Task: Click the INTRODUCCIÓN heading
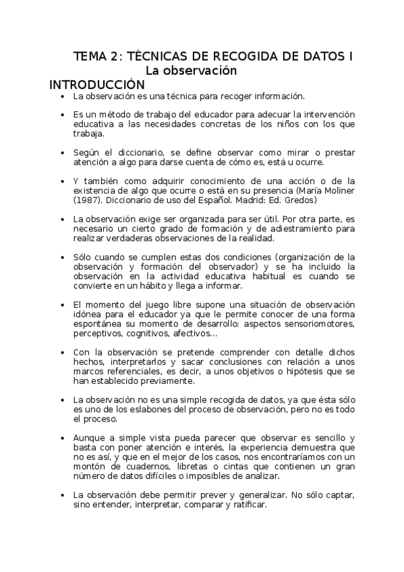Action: [97, 85]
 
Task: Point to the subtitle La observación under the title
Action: [192, 70]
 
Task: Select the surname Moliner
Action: [338, 191]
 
